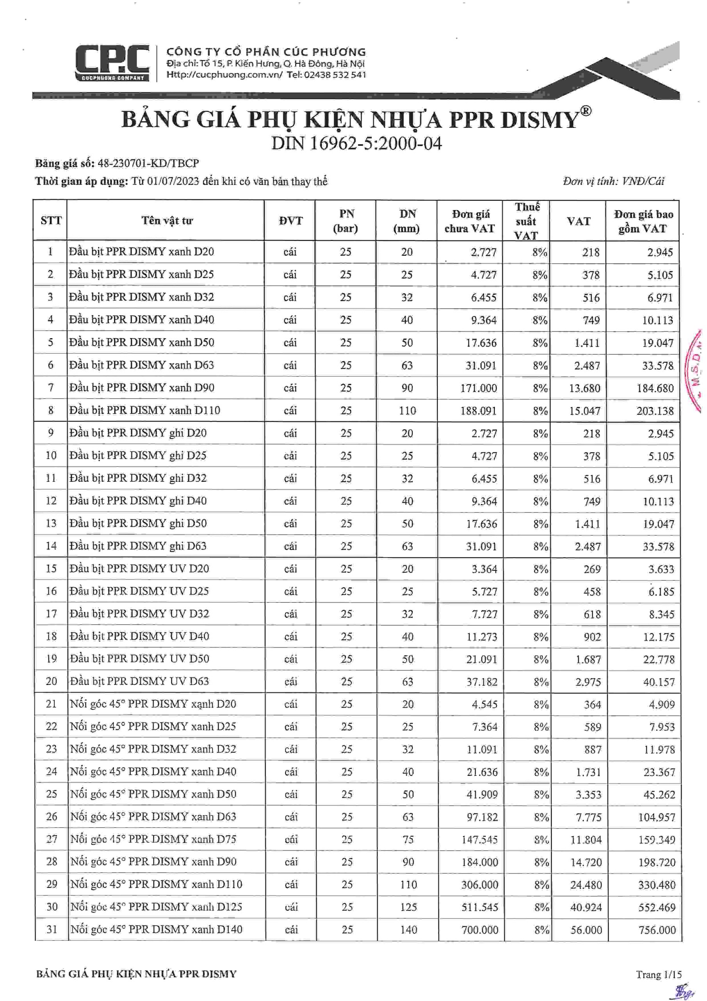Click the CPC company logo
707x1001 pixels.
tap(112, 63)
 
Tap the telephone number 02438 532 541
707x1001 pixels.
tap(335, 75)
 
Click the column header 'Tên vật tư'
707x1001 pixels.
tap(167, 221)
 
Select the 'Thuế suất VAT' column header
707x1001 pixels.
tap(526, 221)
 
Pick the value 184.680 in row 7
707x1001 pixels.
tap(655, 388)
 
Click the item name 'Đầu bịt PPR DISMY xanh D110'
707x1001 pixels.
tap(145, 410)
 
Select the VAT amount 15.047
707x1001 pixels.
tap(585, 411)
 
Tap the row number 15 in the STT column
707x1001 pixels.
tap(52, 569)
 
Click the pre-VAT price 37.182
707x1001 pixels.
tap(482, 682)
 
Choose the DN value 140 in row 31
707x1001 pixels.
tap(408, 930)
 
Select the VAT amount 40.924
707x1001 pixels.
tap(586, 908)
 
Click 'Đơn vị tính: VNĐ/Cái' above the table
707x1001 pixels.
tap(613, 181)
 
